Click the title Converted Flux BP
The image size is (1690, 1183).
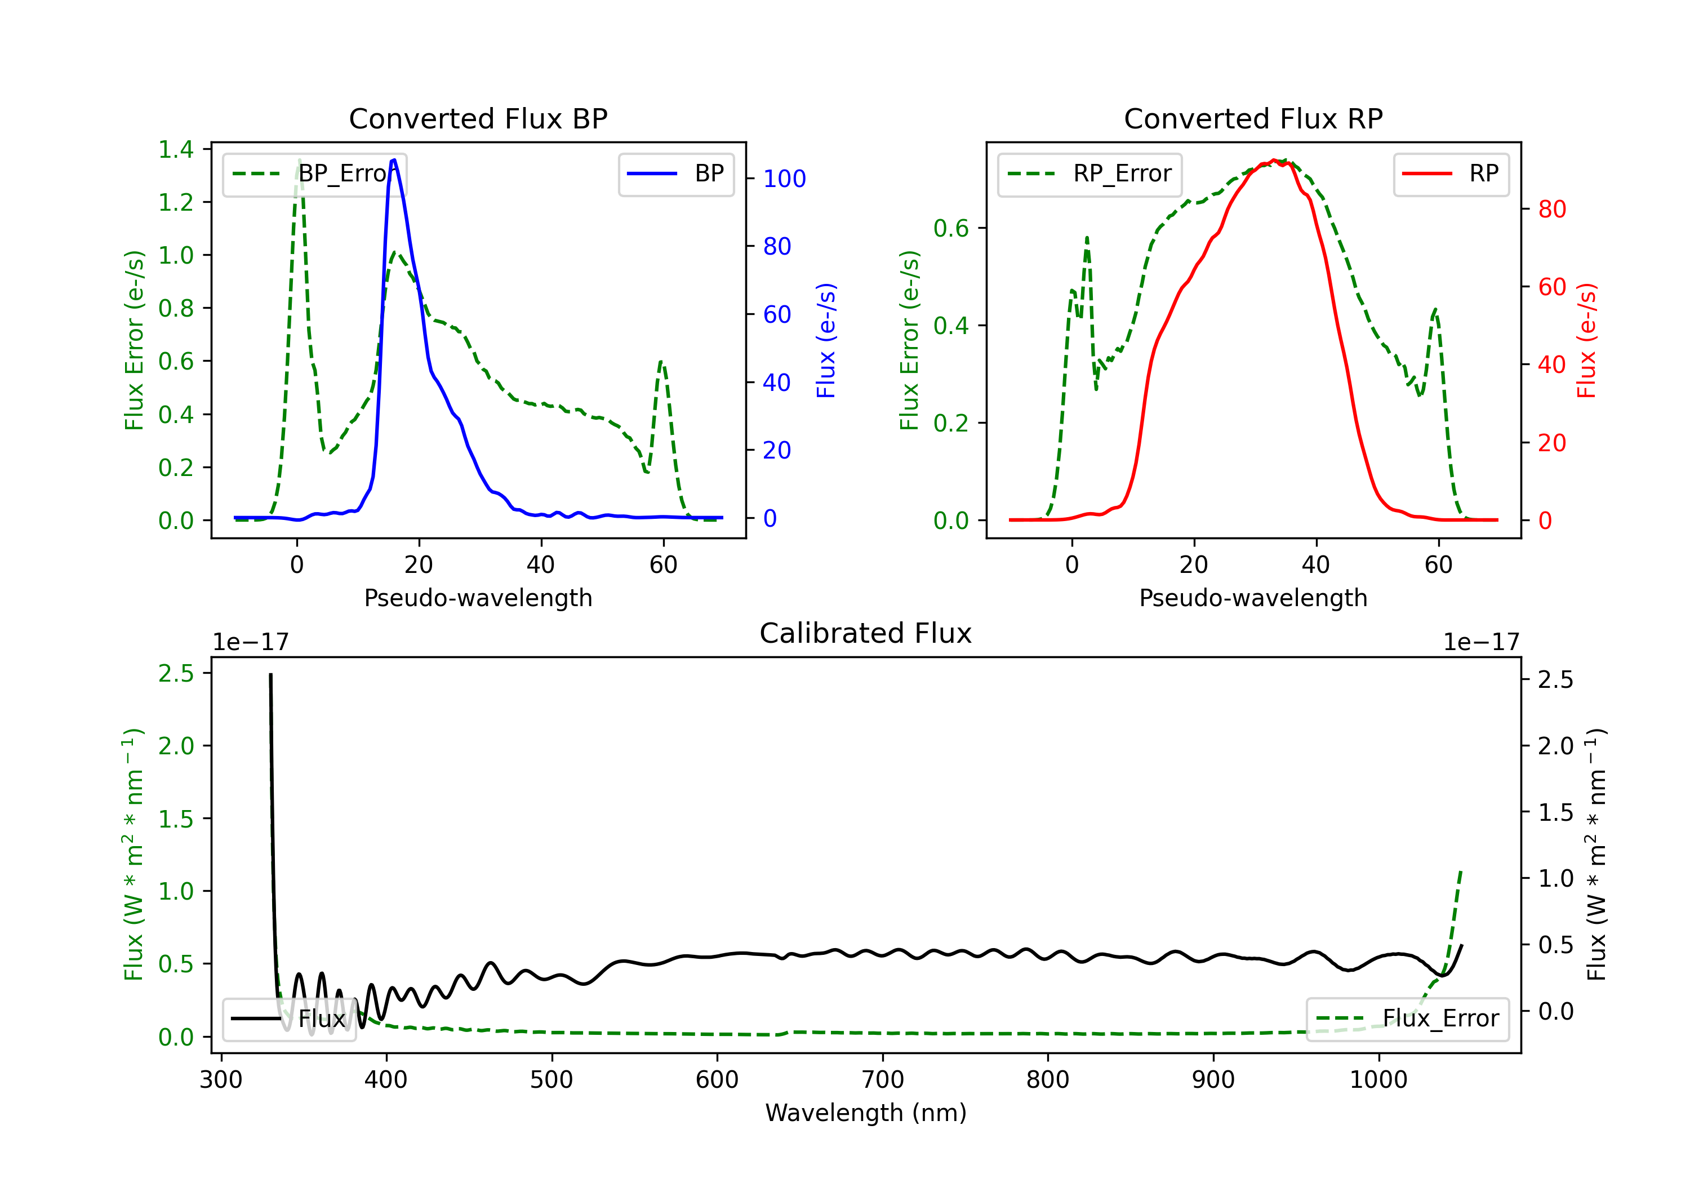[478, 118]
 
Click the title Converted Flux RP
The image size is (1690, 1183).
[1253, 118]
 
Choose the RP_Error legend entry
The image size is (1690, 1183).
[1089, 174]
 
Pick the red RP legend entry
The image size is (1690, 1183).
[1451, 174]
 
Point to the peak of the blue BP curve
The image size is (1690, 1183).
[394, 160]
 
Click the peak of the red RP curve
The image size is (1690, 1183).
[1273, 160]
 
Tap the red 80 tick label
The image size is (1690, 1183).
[1551, 209]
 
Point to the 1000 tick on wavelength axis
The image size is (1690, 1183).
[1378, 1079]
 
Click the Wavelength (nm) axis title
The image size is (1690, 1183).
[866, 1113]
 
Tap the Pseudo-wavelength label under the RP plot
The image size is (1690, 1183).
[1253, 598]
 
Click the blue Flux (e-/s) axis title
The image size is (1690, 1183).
[826, 340]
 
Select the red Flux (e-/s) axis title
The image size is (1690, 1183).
[1586, 340]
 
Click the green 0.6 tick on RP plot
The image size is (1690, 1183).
[951, 228]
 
